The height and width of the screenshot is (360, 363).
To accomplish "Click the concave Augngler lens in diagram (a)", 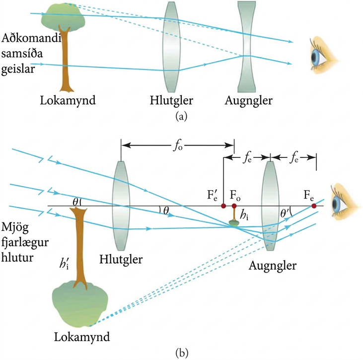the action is click(x=247, y=47).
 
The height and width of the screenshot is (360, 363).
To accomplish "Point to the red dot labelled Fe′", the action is click(x=223, y=206).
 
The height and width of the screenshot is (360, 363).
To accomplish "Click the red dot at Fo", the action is click(x=234, y=206).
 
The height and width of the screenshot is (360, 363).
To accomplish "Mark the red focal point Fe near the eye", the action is click(x=314, y=206).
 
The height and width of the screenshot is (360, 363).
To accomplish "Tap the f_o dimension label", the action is click(x=178, y=146).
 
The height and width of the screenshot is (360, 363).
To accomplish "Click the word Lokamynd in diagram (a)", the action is click(x=68, y=100).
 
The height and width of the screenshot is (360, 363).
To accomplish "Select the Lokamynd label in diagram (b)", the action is click(x=82, y=337).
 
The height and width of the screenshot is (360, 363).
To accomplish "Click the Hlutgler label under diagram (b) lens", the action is click(x=121, y=260).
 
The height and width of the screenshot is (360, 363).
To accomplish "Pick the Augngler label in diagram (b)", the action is click(x=273, y=266).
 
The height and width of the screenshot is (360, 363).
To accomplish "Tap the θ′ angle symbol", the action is click(x=284, y=213).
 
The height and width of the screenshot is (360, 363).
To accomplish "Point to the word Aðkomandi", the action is click(x=31, y=38).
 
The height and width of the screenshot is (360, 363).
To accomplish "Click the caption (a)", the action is click(x=181, y=116).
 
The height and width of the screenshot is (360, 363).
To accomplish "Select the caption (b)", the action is click(x=182, y=353).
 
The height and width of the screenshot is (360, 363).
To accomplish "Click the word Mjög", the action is click(x=15, y=228).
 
